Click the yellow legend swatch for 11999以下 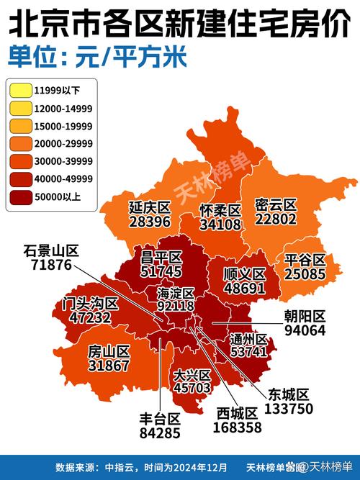tap(19, 90)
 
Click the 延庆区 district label tap(150, 207)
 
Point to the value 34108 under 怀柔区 tap(220, 224)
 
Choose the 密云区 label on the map tap(276, 205)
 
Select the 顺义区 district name tap(245, 274)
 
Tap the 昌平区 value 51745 tap(161, 272)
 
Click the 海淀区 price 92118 tap(175, 306)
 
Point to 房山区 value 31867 tap(109, 366)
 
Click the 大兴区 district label tap(192, 375)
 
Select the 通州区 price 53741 tap(248, 352)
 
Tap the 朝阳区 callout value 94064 tap(305, 331)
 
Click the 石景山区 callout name tap(50, 250)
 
